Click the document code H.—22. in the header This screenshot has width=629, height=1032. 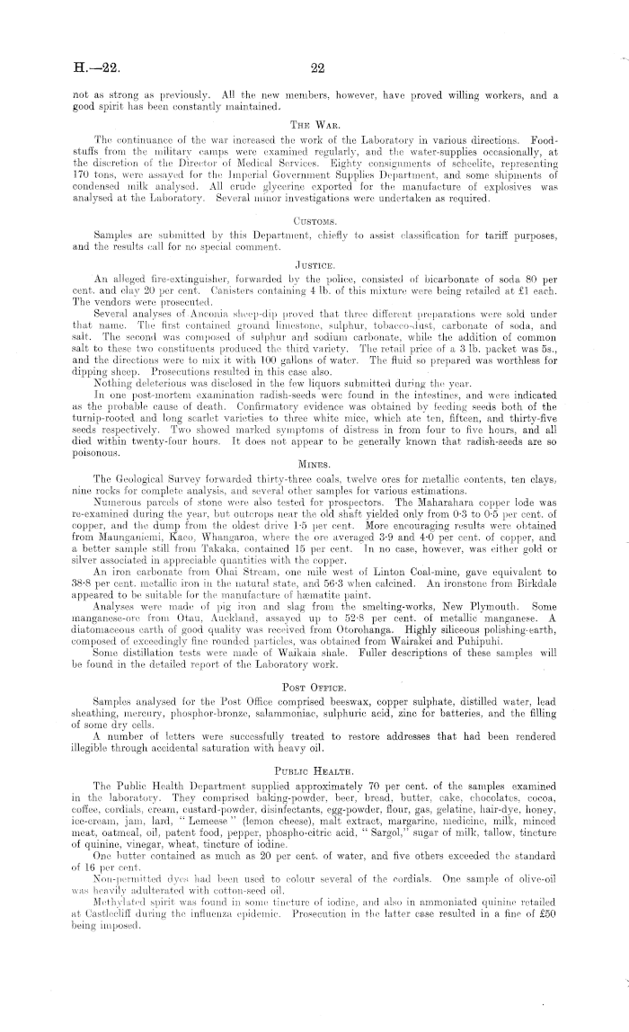[x=93, y=65]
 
